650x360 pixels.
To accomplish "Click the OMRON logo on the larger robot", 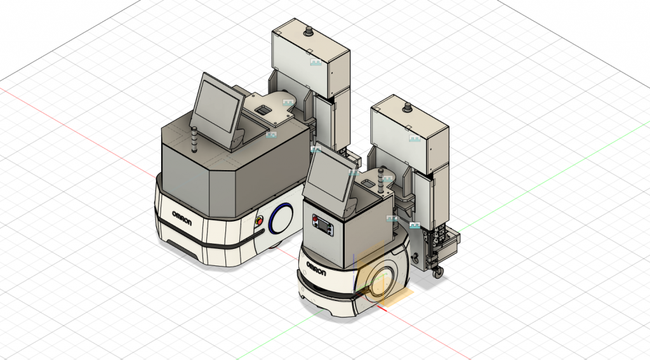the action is [182, 218].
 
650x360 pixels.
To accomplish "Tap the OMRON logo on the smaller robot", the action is [316, 269].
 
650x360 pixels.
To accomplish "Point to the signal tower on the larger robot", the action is [194, 140].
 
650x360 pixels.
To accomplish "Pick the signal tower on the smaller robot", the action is [381, 180].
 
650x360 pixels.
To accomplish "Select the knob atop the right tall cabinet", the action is [408, 108].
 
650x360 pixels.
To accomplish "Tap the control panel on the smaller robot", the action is [322, 225].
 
